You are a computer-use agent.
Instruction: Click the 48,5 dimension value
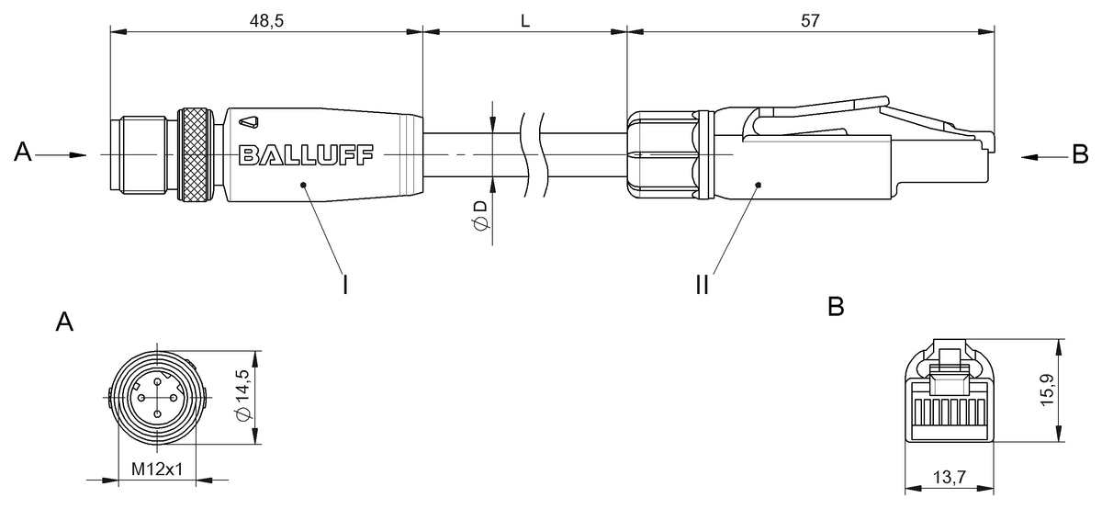266,21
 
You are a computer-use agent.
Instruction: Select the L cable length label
525,21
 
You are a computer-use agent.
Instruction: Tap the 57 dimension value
810,21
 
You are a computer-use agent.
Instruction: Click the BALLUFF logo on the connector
306,154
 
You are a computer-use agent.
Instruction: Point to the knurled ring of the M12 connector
196,154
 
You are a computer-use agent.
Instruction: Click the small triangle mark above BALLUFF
249,122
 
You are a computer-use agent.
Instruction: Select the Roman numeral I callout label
345,285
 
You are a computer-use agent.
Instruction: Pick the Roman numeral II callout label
703,285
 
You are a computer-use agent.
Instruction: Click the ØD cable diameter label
480,215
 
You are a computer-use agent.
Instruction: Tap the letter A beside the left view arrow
23,152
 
